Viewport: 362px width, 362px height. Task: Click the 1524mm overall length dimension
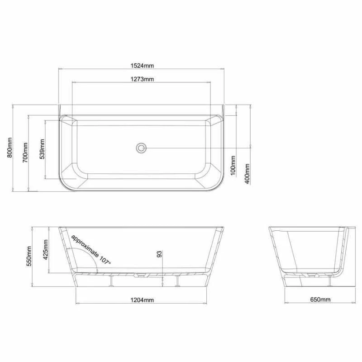coord(142,66)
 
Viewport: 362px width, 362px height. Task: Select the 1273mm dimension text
coord(142,79)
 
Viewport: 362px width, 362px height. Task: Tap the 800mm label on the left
coord(10,148)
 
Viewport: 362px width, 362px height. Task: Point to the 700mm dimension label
coord(25,152)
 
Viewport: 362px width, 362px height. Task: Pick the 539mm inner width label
coord(42,149)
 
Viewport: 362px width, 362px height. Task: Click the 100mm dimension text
coord(233,166)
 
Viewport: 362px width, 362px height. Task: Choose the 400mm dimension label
coord(247,174)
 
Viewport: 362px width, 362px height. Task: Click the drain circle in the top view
coord(141,148)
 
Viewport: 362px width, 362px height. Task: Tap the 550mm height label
coord(29,256)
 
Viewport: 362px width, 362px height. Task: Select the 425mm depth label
coord(46,250)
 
